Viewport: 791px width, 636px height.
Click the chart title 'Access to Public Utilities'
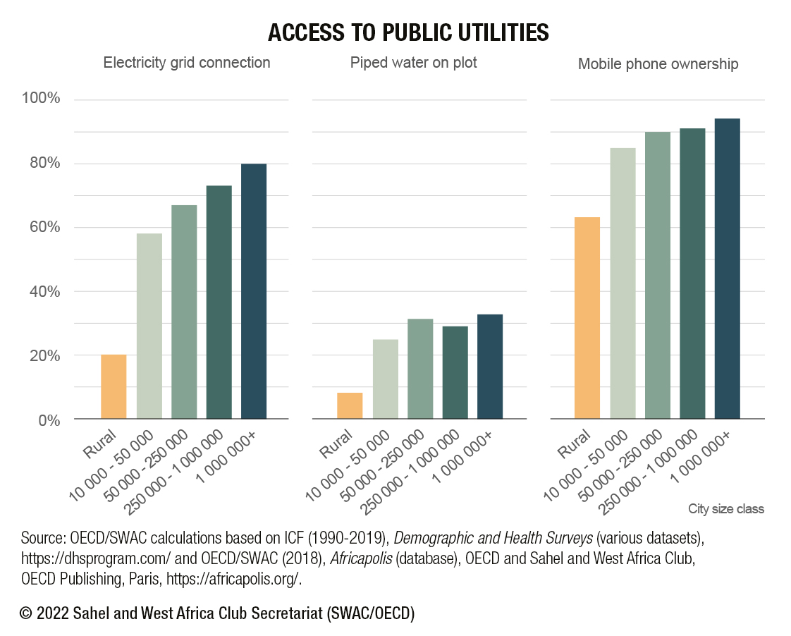click(409, 32)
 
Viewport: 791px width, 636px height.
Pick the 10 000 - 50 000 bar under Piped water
click(386, 379)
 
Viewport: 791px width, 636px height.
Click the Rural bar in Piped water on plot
click(350, 405)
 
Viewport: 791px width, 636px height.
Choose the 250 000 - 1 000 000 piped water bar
click(455, 372)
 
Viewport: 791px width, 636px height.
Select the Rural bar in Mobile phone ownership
click(587, 318)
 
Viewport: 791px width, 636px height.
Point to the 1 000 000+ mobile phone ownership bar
click(728, 269)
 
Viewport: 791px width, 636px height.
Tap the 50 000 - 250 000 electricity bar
click(184, 312)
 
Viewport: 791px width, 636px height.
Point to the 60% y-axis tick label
click(44, 228)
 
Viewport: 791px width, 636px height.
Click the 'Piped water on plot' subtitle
click(414, 63)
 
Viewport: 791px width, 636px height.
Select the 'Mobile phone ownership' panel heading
click(658, 64)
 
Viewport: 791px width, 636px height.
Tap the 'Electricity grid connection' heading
click(187, 63)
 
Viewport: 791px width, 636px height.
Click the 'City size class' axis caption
click(725, 508)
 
